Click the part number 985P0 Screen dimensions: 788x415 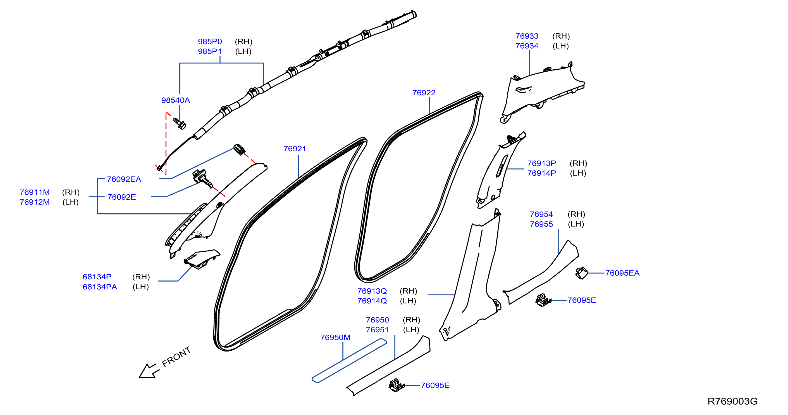click(210, 41)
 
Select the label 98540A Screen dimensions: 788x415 click(176, 100)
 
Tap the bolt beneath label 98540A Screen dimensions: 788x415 click(180, 123)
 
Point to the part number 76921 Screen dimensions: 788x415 click(295, 148)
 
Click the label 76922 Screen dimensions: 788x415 click(424, 93)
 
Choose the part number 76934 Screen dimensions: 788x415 click(527, 46)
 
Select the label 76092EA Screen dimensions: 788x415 click(124, 179)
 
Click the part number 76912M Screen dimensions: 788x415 click(35, 202)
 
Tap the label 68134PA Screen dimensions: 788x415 click(100, 287)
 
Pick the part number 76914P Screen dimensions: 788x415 click(541, 173)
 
